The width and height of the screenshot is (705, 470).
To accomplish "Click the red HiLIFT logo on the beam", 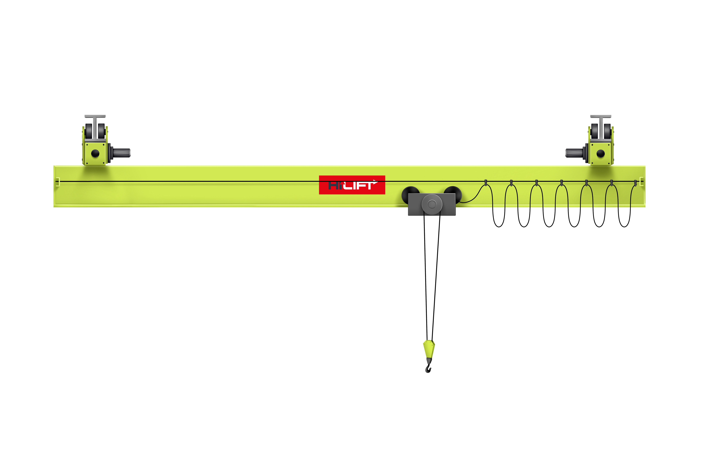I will [x=352, y=185].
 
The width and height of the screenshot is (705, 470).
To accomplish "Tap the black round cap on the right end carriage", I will [x=601, y=153].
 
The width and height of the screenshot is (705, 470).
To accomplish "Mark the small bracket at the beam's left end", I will [x=58, y=182].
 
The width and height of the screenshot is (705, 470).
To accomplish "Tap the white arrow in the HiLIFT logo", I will [x=375, y=181].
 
